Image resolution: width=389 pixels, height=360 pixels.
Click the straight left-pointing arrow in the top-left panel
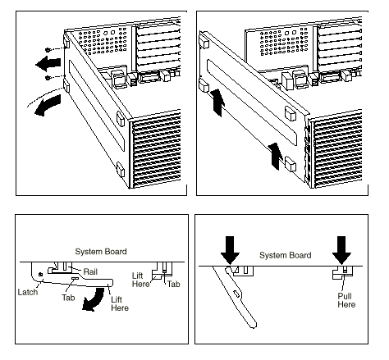[48, 64]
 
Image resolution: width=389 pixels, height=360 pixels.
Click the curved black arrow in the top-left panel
[47, 106]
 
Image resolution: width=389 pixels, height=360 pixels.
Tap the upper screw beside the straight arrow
[48, 50]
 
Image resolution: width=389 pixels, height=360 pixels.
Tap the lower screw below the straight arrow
[48, 78]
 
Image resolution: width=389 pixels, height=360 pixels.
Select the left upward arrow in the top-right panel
[218, 103]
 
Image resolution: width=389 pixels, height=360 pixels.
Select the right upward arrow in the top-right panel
[276, 157]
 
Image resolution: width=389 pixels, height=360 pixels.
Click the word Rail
[90, 271]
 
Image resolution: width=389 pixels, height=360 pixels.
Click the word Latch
[28, 292]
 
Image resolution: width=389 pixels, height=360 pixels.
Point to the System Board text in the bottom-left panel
[101, 252]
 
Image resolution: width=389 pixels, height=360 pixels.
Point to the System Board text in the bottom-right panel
[286, 255]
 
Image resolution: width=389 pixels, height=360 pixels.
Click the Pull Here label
[346, 300]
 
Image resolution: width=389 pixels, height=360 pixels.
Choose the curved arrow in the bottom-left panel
[94, 299]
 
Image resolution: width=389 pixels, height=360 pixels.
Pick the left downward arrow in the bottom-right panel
[230, 250]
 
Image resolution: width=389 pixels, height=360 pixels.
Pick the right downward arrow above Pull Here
[341, 250]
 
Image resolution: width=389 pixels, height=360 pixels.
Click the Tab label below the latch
[68, 298]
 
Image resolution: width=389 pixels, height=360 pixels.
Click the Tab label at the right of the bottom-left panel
[174, 284]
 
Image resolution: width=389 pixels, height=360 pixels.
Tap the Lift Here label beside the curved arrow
[120, 303]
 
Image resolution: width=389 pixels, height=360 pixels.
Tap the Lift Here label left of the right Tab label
[141, 280]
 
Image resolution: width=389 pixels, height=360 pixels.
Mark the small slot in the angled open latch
[236, 294]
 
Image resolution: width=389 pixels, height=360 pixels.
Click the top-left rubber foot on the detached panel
[204, 41]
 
